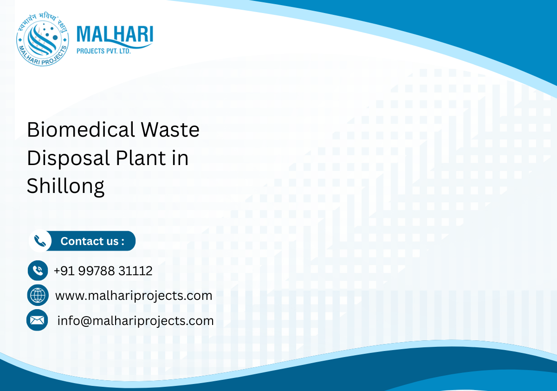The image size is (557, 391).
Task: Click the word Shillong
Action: (x=65, y=186)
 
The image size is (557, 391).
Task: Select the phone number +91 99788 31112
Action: (x=103, y=271)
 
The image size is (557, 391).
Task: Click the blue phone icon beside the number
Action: (x=38, y=271)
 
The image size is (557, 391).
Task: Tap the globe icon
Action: (x=38, y=295)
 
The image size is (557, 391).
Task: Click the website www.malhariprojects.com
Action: (x=134, y=296)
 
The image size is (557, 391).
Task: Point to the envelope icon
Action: (x=37, y=320)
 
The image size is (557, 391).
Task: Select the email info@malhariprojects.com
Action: (x=135, y=321)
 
